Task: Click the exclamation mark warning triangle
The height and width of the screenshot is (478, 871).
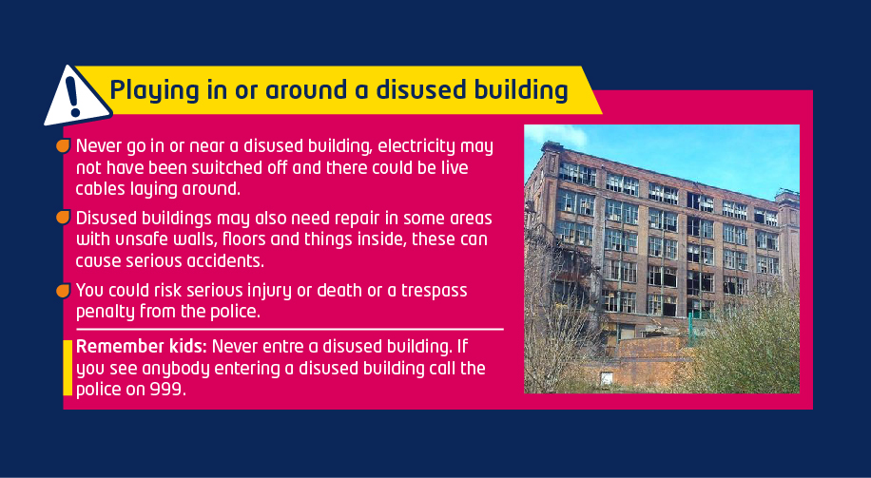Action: [x=77, y=97]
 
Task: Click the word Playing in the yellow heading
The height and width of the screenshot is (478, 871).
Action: [x=154, y=90]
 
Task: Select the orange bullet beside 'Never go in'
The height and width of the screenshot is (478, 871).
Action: [x=64, y=145]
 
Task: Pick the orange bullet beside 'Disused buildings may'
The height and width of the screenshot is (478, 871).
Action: [x=64, y=218]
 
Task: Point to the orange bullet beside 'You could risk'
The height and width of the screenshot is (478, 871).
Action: [x=64, y=290]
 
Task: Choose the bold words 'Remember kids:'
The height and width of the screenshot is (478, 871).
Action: [x=142, y=347]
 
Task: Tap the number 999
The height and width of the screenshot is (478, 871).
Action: [x=167, y=390]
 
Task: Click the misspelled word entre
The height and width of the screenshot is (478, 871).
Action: [x=284, y=347]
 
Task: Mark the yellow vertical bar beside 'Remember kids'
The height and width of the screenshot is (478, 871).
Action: [x=68, y=368]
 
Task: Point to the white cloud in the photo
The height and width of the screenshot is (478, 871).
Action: [x=556, y=136]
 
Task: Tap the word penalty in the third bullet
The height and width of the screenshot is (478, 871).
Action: [x=106, y=312]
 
